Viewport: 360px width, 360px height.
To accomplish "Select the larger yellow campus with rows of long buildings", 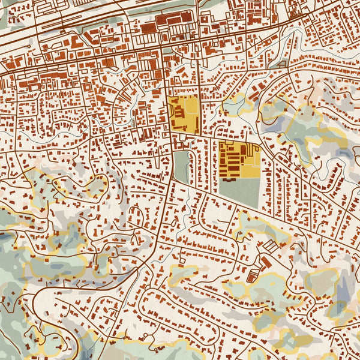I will (x=239, y=159).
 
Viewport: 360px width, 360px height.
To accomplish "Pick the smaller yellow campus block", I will (x=183, y=114).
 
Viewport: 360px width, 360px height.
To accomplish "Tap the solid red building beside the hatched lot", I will (x=265, y=262).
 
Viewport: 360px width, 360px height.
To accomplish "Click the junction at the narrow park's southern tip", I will (x=175, y=180).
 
